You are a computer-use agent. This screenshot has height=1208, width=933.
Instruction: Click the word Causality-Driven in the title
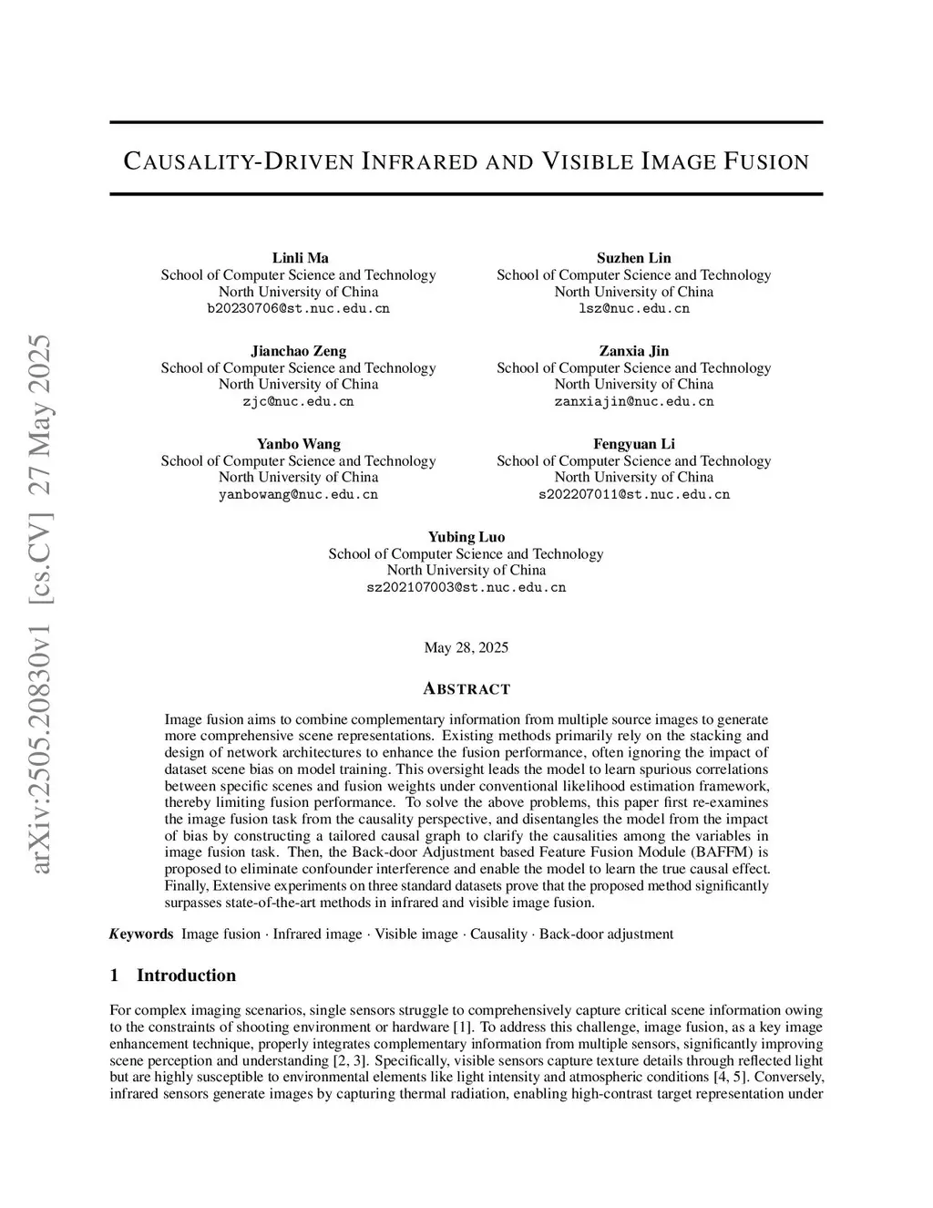237,162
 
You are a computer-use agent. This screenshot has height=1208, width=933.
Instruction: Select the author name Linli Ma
300,258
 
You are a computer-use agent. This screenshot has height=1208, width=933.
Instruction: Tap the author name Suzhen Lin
633,258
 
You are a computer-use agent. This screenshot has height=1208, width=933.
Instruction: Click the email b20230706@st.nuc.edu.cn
299,308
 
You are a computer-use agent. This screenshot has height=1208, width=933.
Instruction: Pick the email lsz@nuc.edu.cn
633,308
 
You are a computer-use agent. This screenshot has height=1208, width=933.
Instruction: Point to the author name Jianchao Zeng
299,351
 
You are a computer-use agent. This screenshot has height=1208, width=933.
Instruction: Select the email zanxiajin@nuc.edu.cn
633,401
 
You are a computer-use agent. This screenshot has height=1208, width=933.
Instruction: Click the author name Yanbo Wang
299,444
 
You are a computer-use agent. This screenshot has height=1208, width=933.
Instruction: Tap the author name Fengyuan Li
633,444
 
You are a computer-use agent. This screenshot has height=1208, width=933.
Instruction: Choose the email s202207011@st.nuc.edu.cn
633,494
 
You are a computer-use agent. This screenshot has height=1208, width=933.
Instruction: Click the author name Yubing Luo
466,537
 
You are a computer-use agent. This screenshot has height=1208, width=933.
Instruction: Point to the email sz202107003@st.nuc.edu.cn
466,587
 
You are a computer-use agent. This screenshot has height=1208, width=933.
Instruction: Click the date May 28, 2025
466,647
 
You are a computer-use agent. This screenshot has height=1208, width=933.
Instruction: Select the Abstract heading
466,688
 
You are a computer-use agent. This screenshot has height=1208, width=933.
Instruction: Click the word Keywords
142,934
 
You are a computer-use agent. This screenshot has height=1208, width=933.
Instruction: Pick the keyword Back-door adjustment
606,934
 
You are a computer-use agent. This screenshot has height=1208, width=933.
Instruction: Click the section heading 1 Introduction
173,976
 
